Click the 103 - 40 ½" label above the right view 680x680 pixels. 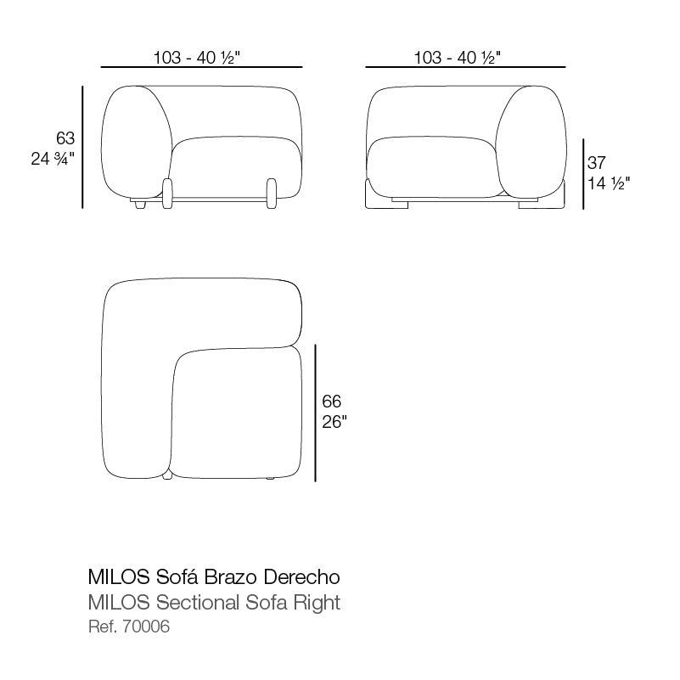tap(458, 58)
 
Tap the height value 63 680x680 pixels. tap(65, 138)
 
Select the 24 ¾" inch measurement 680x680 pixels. tap(53, 158)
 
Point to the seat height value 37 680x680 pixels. tap(597, 163)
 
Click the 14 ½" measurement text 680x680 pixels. tap(608, 183)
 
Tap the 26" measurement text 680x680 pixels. tap(334, 422)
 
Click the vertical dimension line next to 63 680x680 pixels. tap(82, 147)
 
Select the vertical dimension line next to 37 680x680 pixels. tap(582, 174)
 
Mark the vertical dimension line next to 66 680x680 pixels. tap(315, 413)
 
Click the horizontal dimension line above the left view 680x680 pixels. tap(201, 66)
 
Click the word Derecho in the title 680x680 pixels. tap(303, 577)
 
